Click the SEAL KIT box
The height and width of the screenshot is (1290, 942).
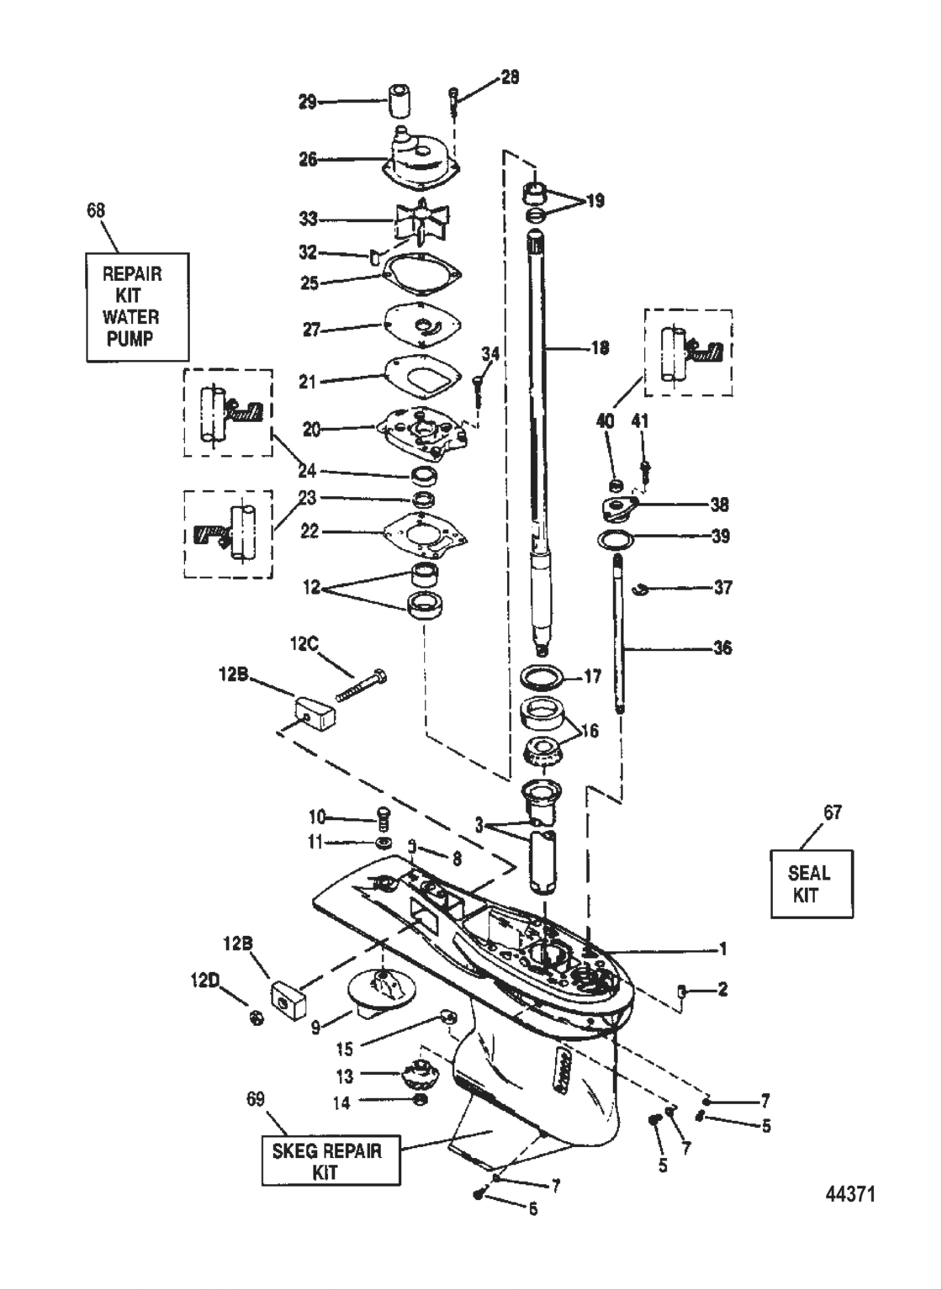coord(811,884)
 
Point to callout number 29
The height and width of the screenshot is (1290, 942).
coord(307,102)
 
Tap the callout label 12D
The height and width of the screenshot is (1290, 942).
coord(206,980)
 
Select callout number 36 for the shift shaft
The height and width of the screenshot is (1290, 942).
coord(721,648)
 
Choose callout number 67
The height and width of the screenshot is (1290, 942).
coord(832,812)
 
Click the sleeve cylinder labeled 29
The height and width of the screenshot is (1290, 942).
coord(401,101)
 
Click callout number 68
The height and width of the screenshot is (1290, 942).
coord(97,210)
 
